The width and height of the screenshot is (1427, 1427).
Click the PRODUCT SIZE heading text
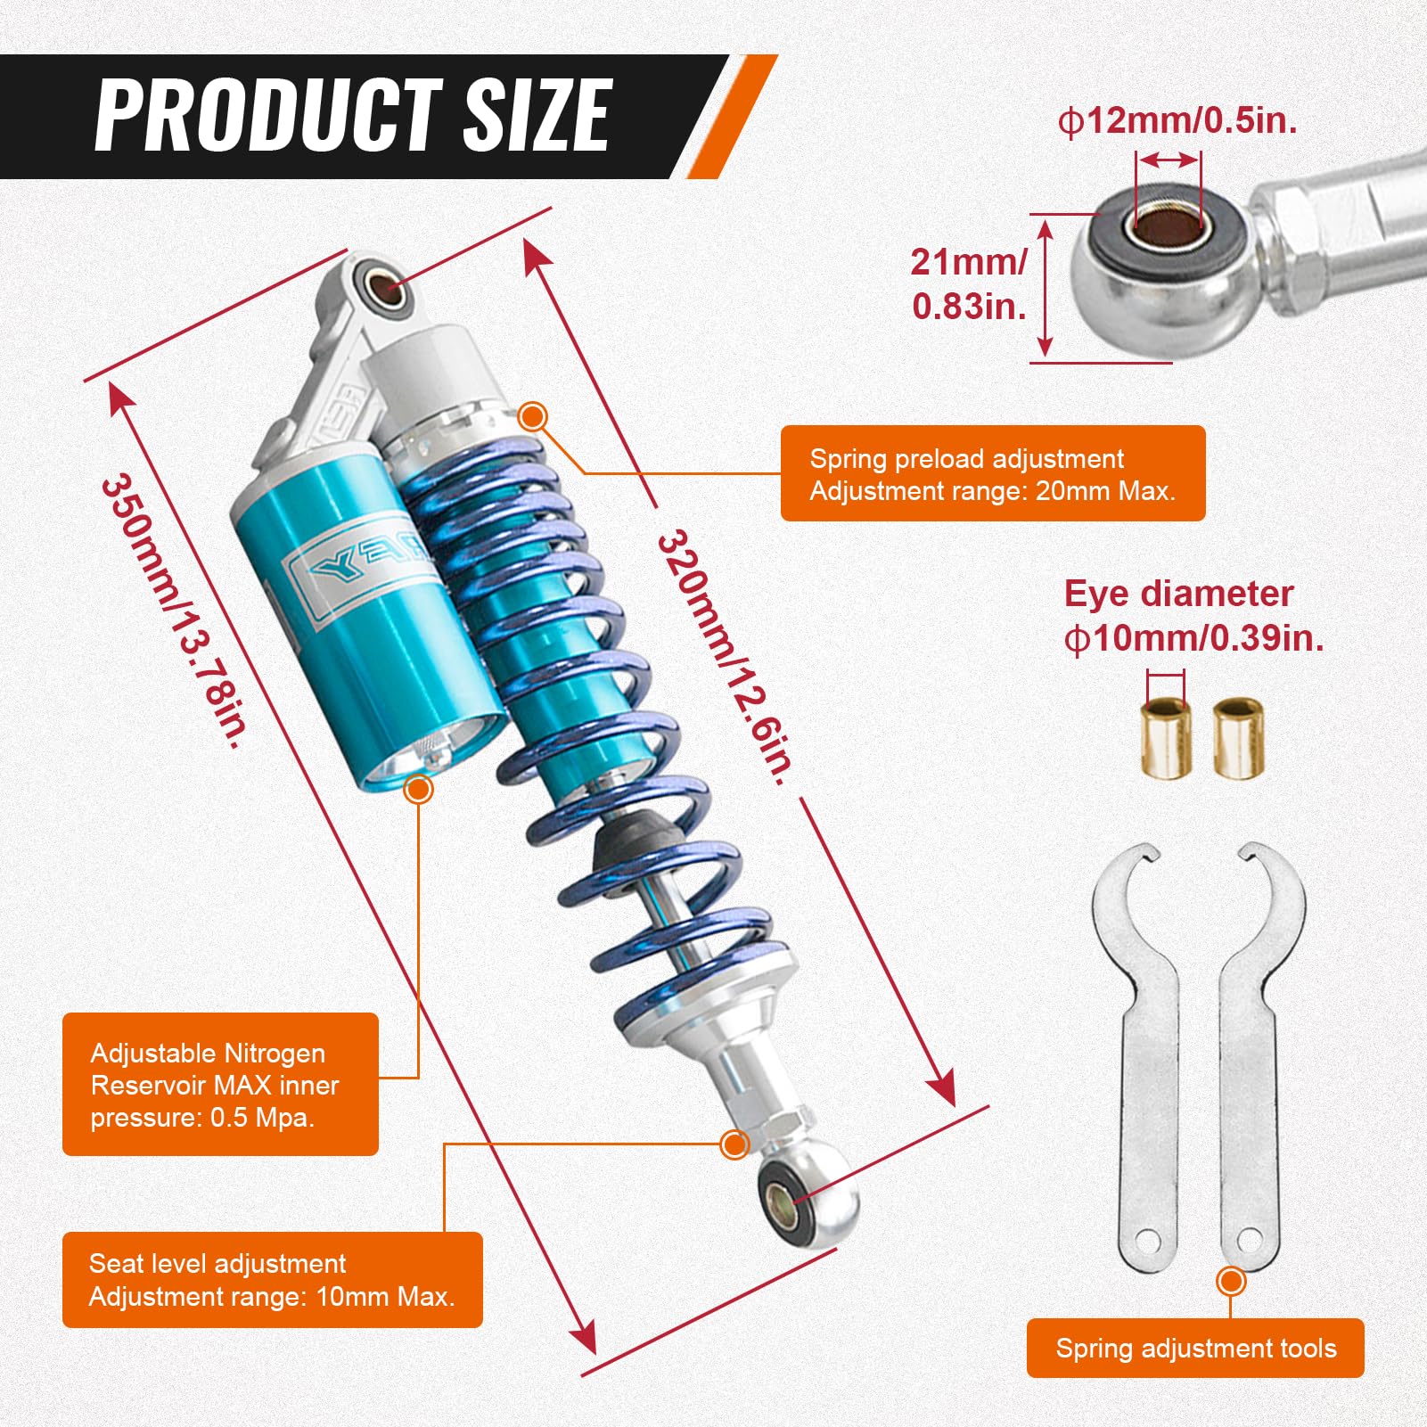point(352,115)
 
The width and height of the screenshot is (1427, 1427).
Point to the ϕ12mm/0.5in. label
point(1177,120)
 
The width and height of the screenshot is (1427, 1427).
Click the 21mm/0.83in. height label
point(969,283)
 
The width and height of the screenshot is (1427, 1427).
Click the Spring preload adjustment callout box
point(992,473)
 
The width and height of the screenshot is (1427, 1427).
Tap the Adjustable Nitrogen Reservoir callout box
point(220,1084)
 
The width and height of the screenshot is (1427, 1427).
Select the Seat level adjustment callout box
point(272,1279)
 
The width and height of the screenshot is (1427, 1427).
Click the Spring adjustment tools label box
point(1194,1348)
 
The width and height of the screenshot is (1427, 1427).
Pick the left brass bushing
point(1166,739)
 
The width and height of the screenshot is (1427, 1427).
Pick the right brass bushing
point(1238,739)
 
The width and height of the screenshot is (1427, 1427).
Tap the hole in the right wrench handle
point(1250,1239)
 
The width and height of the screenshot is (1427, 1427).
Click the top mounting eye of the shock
point(381,287)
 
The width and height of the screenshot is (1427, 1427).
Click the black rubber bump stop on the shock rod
point(635,839)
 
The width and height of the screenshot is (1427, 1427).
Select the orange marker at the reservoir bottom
point(418,789)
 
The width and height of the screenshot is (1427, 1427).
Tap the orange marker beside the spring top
point(533,415)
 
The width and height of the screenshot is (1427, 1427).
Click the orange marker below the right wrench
point(1231,1282)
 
